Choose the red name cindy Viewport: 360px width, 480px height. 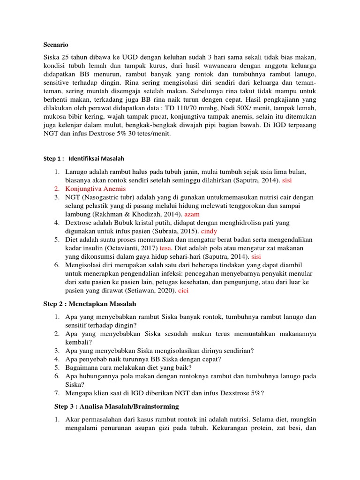[210, 231]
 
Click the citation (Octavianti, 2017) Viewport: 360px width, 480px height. [134, 248]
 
